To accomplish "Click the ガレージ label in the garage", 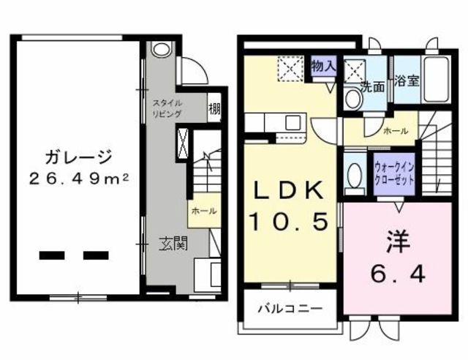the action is (x=79, y=157).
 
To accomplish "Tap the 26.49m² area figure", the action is (x=79, y=179).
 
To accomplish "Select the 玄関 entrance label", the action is (x=173, y=243).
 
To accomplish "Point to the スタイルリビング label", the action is (x=167, y=108).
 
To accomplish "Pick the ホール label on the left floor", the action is (x=204, y=211).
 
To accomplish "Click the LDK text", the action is (x=288, y=190).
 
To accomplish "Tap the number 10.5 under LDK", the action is (x=289, y=221).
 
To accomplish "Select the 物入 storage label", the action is (x=324, y=65).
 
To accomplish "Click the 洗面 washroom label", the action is (x=372, y=86).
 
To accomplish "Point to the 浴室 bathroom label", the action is (x=407, y=80).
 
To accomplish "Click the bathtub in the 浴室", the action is (x=436, y=79).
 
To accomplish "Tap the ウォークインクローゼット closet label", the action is (x=394, y=174).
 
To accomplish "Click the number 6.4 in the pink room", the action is (x=398, y=274).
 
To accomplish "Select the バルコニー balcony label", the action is (x=290, y=308).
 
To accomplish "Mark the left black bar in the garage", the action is (x=52, y=255).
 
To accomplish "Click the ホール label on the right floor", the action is (x=396, y=131).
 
